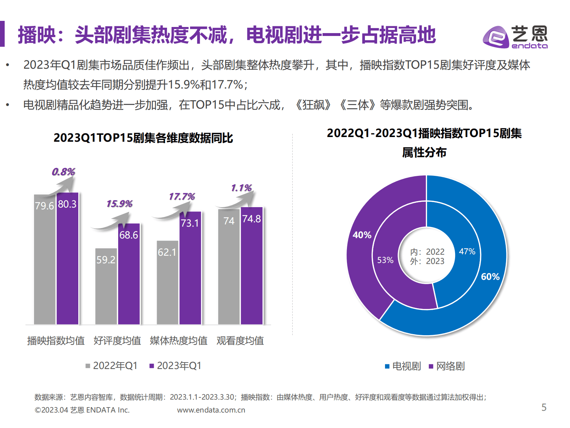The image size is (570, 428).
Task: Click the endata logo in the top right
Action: pos(515,37)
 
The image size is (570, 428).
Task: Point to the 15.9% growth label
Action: pos(119,204)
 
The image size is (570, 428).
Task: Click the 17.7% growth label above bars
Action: pos(182,197)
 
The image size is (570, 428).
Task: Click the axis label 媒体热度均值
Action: pos(179,341)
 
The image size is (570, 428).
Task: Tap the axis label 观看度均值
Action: pos(240,341)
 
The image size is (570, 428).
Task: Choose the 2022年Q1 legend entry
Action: pos(111,366)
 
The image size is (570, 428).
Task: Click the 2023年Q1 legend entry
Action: pos(175,366)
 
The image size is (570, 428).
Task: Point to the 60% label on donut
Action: pos(490,277)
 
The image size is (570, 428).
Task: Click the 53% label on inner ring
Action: pos(385,260)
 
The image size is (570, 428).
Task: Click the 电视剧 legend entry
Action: pos(403,366)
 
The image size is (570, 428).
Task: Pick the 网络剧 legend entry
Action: pos(447,366)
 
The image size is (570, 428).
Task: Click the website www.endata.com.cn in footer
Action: pos(211,410)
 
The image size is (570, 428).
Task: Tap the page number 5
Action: pos(544,407)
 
